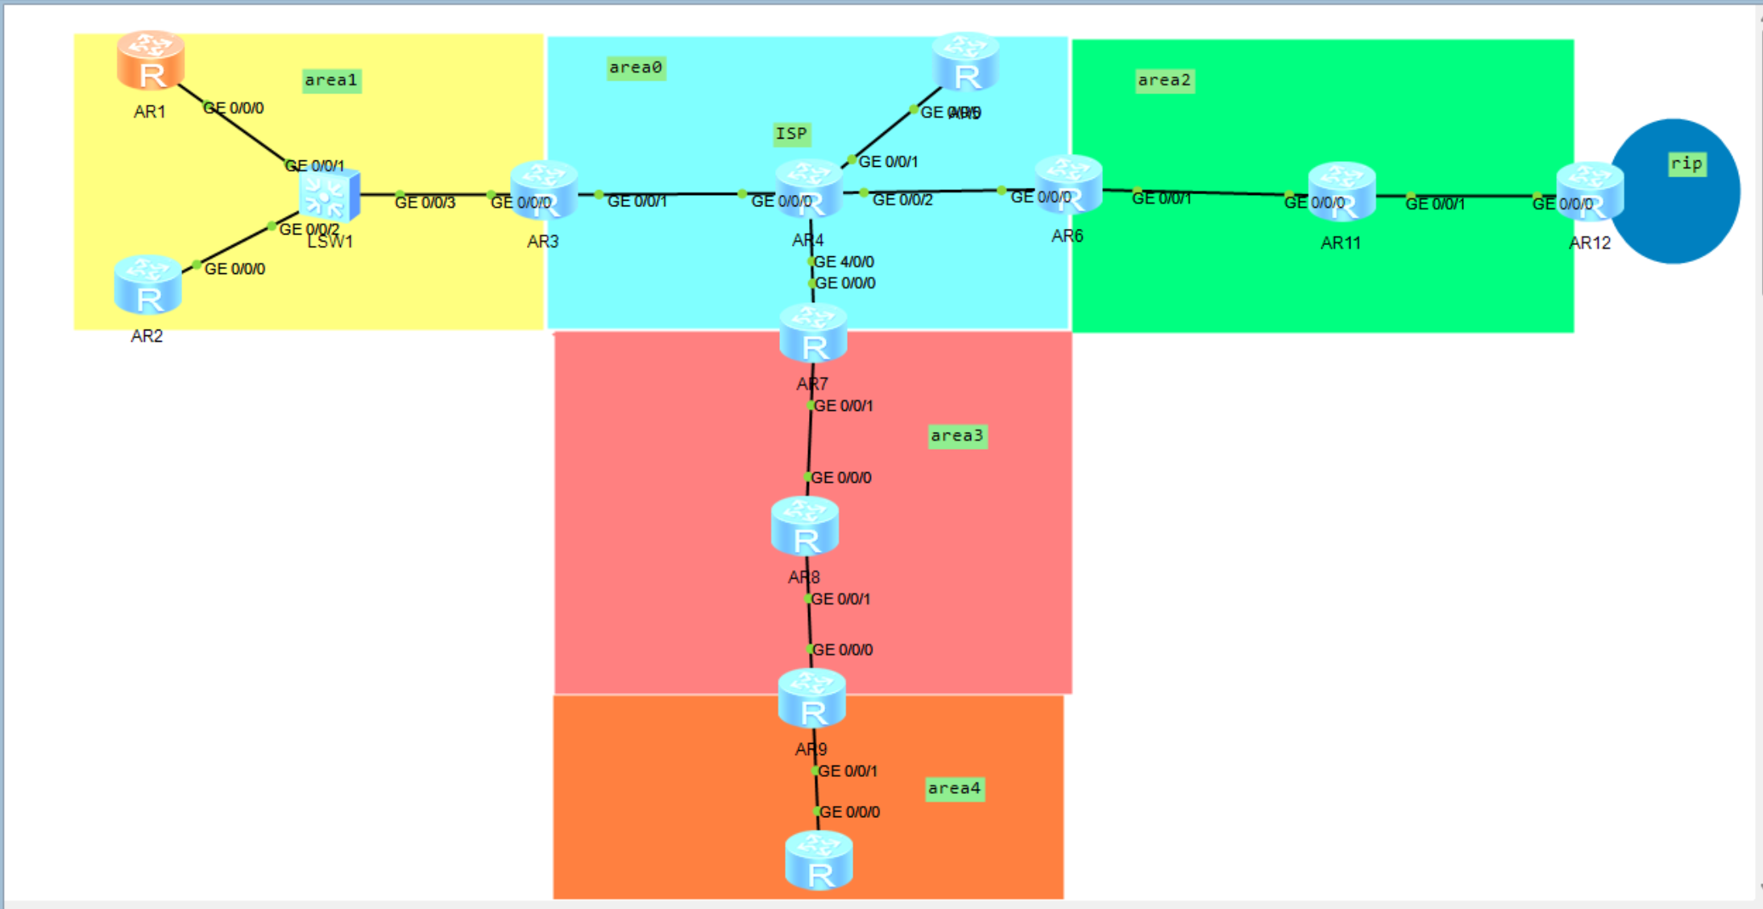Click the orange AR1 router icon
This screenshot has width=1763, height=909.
[151, 60]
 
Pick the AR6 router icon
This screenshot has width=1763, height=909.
[1068, 185]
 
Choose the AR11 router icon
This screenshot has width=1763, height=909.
[1342, 192]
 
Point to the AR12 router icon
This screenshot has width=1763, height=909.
[1589, 192]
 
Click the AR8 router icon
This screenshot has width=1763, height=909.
[805, 526]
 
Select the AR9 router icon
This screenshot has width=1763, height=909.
[812, 699]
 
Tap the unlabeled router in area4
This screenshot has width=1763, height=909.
[819, 861]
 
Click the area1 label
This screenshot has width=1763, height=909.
[331, 81]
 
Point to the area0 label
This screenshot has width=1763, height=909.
[636, 68]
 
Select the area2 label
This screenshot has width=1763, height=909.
[1164, 81]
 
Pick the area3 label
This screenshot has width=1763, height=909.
[957, 436]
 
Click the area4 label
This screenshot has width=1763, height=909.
[955, 788]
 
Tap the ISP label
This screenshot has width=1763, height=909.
[791, 134]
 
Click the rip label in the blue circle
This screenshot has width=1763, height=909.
[1686, 164]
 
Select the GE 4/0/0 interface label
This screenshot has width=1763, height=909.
[844, 262]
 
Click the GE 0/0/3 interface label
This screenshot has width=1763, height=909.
[425, 202]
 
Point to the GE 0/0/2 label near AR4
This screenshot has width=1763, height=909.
[902, 200]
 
